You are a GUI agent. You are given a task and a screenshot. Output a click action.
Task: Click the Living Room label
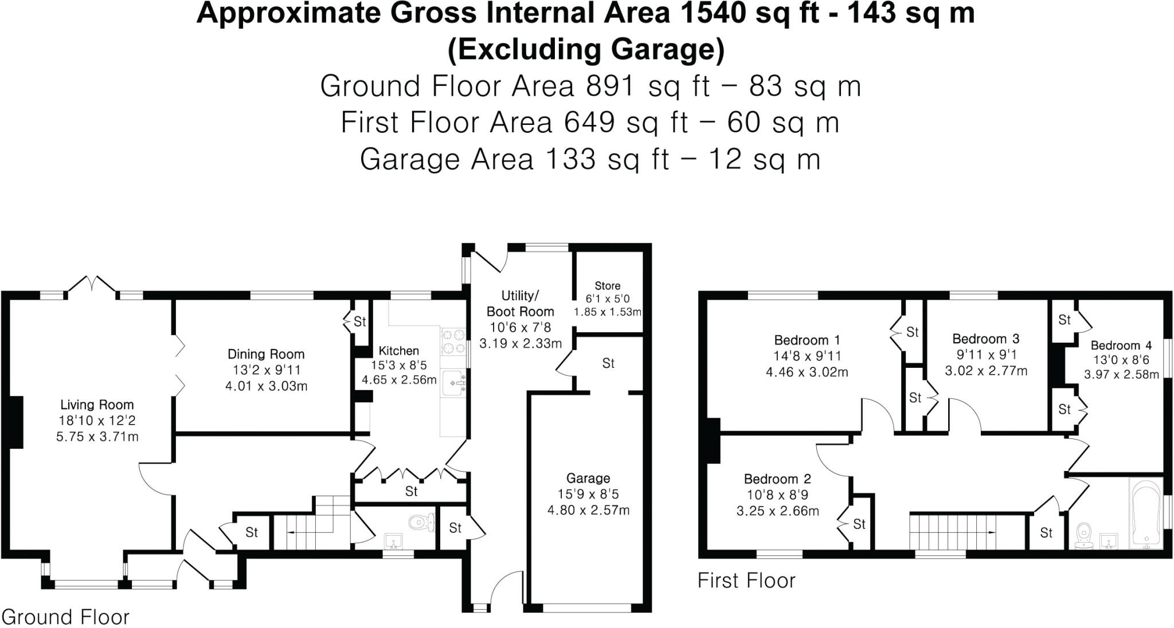97,405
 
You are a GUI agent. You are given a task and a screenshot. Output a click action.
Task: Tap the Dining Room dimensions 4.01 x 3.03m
266,386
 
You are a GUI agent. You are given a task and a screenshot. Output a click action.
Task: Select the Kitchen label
398,351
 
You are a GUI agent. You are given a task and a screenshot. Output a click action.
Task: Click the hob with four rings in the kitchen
453,341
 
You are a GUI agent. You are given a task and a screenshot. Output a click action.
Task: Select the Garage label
588,478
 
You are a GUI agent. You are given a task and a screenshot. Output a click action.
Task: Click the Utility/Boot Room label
520,304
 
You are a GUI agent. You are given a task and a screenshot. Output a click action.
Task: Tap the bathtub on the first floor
1145,514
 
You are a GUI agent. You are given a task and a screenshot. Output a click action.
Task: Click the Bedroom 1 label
807,340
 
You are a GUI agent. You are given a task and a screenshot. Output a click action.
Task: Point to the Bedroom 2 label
777,478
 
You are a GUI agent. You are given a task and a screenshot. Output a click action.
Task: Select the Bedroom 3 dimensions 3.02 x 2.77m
986,371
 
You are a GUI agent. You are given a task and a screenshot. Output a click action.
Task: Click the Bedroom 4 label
1121,345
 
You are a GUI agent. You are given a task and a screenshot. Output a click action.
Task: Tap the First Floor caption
746,580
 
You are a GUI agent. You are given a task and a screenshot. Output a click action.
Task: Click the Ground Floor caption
65,617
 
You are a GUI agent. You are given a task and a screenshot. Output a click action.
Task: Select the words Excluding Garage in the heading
586,49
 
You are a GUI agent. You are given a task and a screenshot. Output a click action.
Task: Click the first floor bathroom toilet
1083,535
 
